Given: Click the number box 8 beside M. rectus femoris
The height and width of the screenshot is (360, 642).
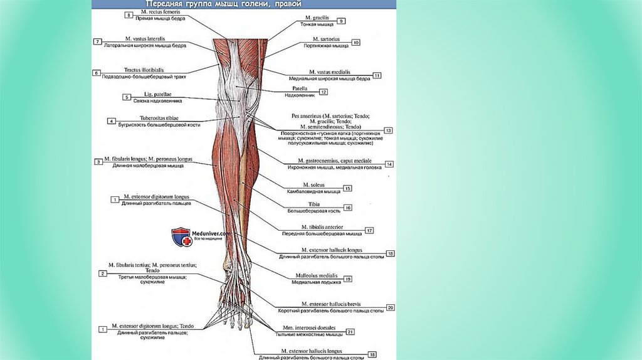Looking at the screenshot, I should tap(129, 14).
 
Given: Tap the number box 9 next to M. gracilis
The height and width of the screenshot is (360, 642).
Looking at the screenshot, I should tap(341, 21).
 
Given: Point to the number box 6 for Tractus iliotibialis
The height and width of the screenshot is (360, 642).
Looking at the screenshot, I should tap(97, 73).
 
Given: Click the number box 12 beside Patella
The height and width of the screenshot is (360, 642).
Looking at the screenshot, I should tap(324, 92).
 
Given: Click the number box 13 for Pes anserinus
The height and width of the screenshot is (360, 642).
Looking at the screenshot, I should tap(388, 130).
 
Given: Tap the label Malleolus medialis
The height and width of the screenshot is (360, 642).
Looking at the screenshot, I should tap(317, 275).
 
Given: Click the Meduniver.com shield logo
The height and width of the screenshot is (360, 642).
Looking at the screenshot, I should tap(181, 237).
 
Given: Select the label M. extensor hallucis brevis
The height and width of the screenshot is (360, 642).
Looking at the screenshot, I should tap(329, 304).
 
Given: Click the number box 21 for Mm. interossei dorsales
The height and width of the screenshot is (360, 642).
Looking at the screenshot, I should tap(350, 331).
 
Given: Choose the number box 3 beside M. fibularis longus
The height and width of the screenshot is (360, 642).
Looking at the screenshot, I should tap(98, 162).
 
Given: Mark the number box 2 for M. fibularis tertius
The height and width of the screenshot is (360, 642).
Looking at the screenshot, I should tap(102, 273).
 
